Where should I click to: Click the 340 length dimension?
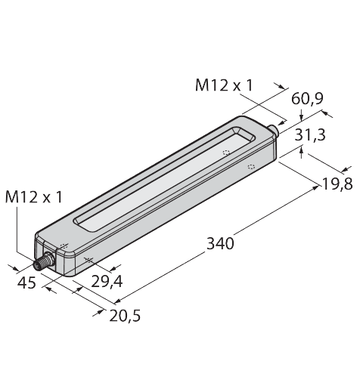[x=220, y=243]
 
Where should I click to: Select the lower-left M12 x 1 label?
[x=33, y=197]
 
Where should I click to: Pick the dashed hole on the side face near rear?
[x=250, y=165]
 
